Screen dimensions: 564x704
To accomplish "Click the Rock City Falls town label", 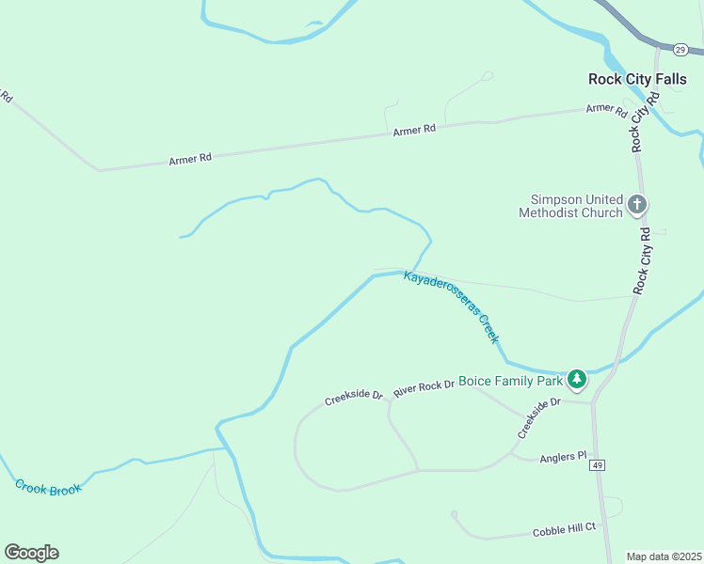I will pos(632,79).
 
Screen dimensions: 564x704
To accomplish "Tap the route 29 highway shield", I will pos(680,49).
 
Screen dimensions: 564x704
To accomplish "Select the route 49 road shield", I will pos(597,465).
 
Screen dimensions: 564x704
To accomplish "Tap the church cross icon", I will pos(637,204).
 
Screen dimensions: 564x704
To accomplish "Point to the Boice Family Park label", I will pos(510,382).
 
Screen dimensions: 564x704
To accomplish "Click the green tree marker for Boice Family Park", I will pos(577,380).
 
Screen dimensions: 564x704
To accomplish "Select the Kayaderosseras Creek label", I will pos(452,307).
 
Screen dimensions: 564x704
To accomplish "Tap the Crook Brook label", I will pos(48,487).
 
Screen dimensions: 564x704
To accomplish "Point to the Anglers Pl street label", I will pos(563,459).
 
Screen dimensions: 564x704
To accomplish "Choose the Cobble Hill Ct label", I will pos(565,530).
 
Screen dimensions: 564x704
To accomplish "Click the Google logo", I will pos(31,553).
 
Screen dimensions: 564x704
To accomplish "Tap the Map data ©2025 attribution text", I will pos(664,556).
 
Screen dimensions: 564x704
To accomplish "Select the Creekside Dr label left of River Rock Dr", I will pos(353,399).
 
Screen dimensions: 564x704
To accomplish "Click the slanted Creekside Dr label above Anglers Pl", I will pos(538,417).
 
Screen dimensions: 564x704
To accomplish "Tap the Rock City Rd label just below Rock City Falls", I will pos(640,127).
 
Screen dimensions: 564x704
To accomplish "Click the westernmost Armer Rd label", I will pos(190,160).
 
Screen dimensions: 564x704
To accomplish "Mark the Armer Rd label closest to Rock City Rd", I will pos(606,109).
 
